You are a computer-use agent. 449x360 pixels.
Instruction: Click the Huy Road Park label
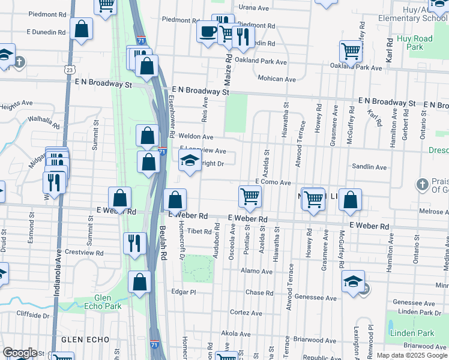point(414,43)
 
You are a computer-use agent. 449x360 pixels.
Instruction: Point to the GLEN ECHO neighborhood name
point(75,340)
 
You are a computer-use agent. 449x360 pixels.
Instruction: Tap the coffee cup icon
point(208,31)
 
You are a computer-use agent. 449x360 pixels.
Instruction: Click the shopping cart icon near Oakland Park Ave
point(350,51)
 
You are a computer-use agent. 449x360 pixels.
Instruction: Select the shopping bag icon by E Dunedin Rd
point(81,29)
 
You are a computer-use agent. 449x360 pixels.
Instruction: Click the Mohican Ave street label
point(277,79)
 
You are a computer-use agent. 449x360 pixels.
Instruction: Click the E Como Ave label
point(273,182)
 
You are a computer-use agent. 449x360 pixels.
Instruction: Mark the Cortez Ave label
point(246,313)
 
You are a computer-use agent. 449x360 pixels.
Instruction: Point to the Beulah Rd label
point(162,247)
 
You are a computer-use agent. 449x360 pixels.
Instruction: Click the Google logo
point(20,352)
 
